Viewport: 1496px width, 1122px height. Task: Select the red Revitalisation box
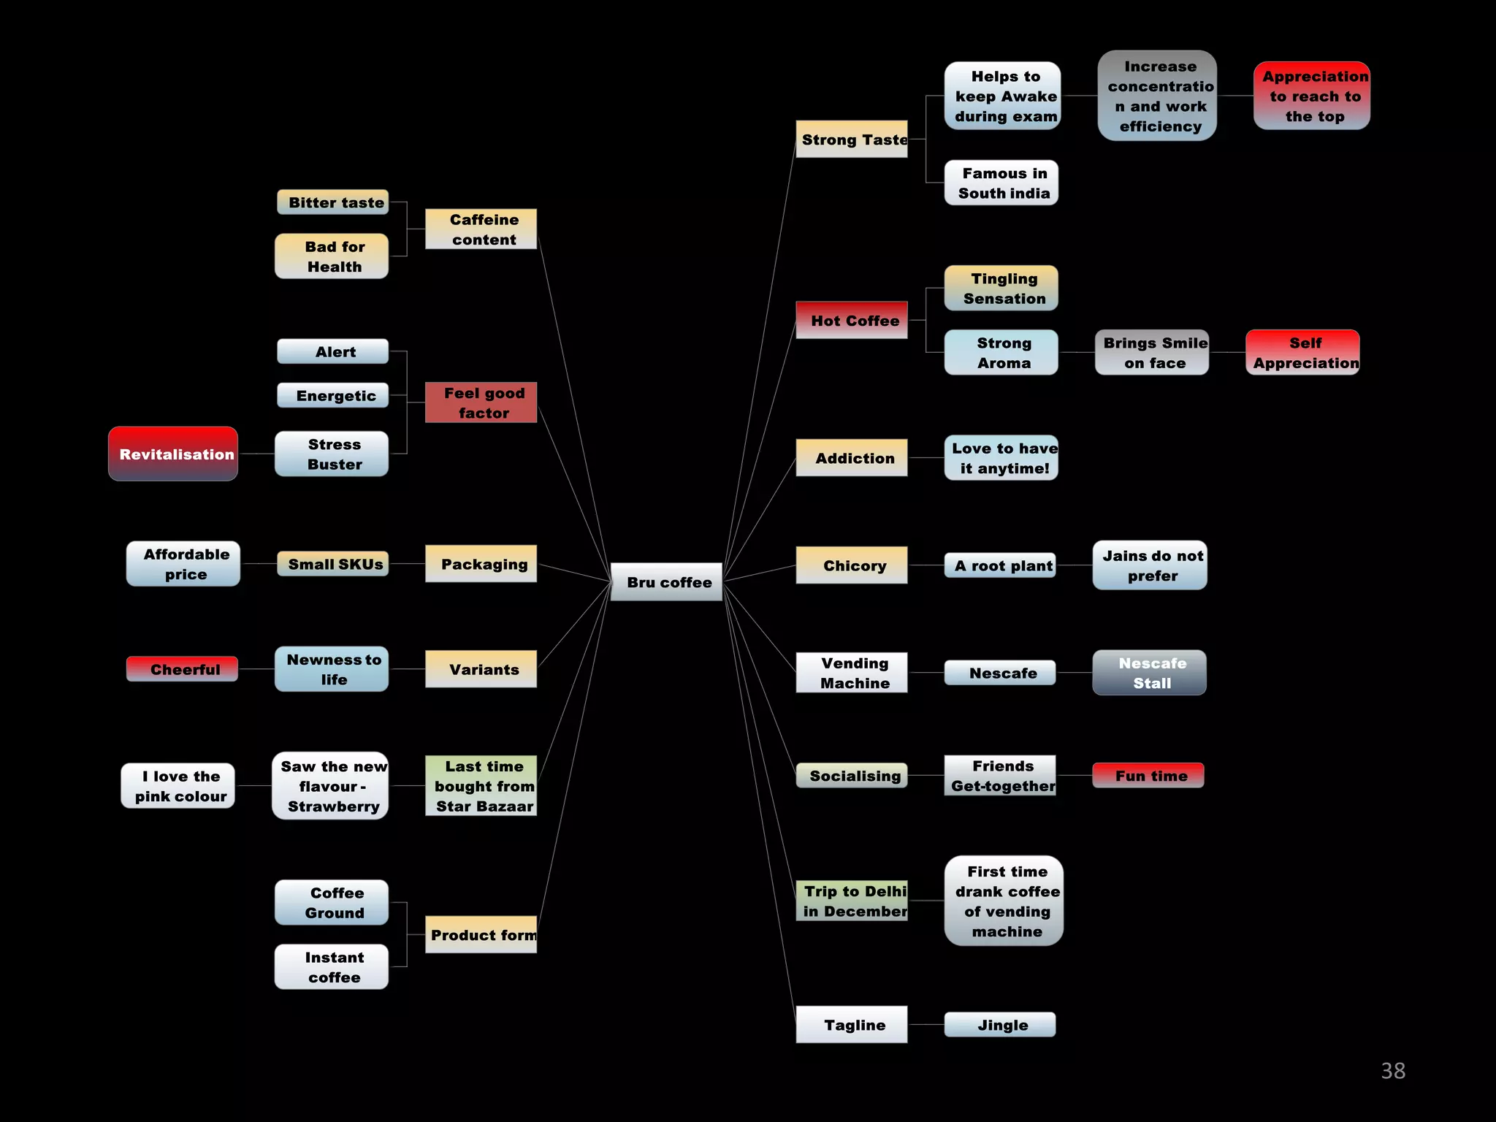click(x=173, y=454)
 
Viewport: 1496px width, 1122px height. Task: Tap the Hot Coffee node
click(x=852, y=320)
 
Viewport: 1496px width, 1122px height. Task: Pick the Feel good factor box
click(x=481, y=402)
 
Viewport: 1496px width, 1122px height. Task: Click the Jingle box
click(x=1000, y=1024)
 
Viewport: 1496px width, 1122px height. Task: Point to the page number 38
click(x=1393, y=1070)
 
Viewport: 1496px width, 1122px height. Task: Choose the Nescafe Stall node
click(x=1150, y=672)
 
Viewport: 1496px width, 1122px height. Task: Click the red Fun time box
click(x=1148, y=775)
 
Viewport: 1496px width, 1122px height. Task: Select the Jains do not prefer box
click(x=1150, y=565)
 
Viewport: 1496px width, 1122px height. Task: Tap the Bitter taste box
click(x=333, y=202)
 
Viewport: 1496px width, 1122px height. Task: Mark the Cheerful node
click(x=182, y=668)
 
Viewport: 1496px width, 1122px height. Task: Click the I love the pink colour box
click(x=178, y=785)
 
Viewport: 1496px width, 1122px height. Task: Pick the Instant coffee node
click(x=332, y=966)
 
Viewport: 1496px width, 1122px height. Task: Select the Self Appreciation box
click(x=1302, y=352)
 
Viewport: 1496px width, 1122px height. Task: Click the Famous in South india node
click(x=1001, y=183)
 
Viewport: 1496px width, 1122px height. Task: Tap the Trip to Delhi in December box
click(x=852, y=900)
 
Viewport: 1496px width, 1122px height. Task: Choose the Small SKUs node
click(x=333, y=563)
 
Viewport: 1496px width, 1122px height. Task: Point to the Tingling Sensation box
click(x=1001, y=288)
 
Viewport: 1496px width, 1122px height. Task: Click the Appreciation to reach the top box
click(x=1312, y=96)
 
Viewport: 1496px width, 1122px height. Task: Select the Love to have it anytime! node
click(x=1001, y=457)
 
